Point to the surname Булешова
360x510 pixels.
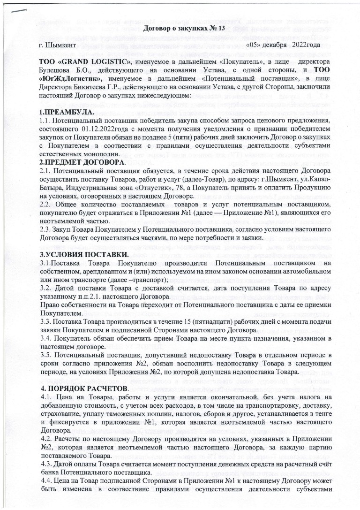(x=55, y=70)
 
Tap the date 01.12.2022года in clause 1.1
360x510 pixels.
(x=107, y=129)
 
